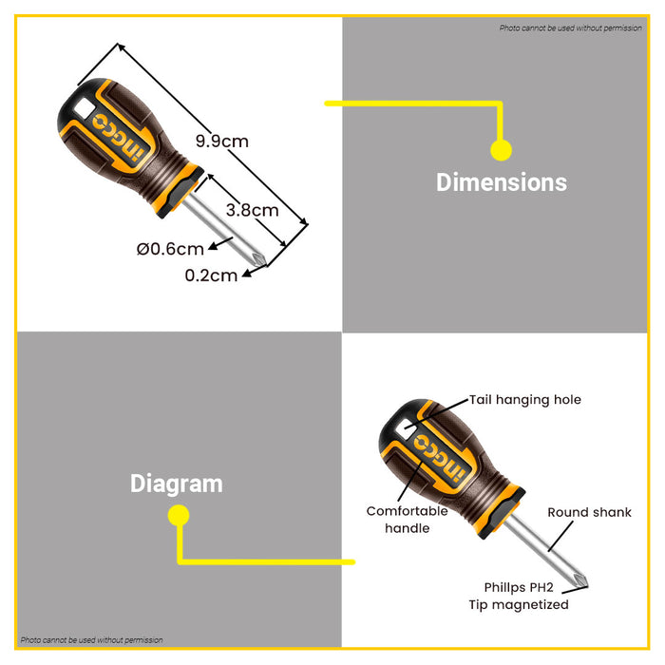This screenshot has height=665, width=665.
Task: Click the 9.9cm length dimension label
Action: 221,142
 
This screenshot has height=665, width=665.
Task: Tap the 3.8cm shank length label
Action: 253,210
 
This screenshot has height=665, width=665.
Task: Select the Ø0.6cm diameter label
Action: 170,249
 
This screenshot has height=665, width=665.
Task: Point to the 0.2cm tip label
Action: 211,275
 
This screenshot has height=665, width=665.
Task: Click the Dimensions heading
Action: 502,182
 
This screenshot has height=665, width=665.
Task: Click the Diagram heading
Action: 177,484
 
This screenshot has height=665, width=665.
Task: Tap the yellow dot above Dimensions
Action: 502,150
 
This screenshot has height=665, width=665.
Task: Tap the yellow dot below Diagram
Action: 179,515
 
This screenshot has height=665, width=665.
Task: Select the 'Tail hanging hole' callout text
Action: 525,400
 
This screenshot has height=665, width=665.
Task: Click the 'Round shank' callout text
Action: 590,512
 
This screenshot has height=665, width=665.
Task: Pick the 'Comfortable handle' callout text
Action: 408,520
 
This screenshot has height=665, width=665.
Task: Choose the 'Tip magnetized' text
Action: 519,605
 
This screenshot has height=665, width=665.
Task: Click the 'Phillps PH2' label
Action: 519,587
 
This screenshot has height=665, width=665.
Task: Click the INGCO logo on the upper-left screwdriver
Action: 120,137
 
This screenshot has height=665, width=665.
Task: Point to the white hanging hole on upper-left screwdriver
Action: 84,108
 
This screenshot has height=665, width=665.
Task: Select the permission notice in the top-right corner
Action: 570,28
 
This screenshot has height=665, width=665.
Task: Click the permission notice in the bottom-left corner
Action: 91,640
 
